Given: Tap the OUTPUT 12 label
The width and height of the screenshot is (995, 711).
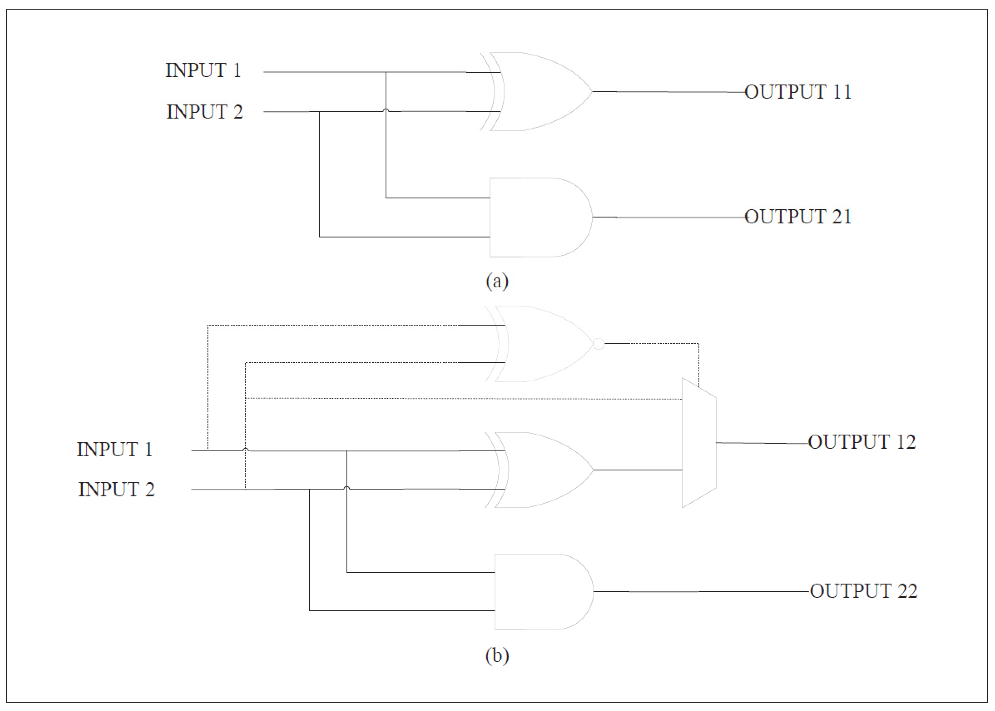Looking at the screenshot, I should tap(861, 442).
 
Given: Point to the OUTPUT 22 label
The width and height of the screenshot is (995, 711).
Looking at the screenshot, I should tap(863, 591).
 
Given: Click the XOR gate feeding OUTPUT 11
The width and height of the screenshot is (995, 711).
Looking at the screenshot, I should tap(539, 91).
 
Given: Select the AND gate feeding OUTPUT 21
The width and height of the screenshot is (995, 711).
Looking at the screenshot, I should tap(537, 217).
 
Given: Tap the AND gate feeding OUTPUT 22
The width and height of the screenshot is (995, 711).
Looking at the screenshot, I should tap(541, 592).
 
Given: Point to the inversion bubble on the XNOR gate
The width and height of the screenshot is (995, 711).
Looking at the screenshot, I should tap(599, 344).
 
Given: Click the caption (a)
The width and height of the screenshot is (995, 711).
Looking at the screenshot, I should tap(497, 281).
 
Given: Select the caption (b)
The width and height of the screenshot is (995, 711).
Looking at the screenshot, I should tap(497, 655).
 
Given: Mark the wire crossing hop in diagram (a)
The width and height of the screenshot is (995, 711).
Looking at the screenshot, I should tap(386, 110).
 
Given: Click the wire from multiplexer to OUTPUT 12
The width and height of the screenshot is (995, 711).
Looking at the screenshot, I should tap(762, 443).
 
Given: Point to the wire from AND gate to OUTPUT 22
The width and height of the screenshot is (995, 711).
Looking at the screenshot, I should tap(701, 592).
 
